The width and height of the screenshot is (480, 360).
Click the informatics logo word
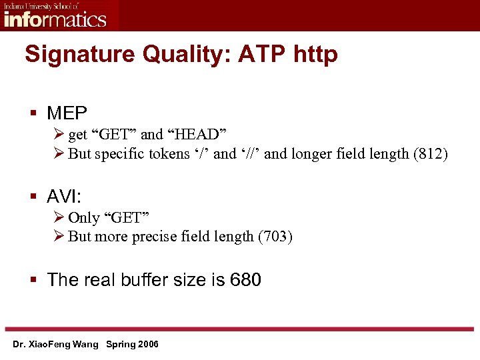[55, 18]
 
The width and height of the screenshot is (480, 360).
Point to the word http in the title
[315, 55]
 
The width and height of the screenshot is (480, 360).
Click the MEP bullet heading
[67, 111]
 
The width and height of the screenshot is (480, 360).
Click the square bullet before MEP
[33, 112]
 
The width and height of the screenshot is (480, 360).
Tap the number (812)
[431, 154]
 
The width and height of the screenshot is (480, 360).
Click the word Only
[83, 218]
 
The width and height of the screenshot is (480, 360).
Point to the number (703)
[275, 237]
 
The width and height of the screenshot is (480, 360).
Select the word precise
[168, 237]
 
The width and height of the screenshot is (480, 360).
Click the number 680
[245, 280]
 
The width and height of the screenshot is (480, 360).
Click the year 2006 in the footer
[147, 345]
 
